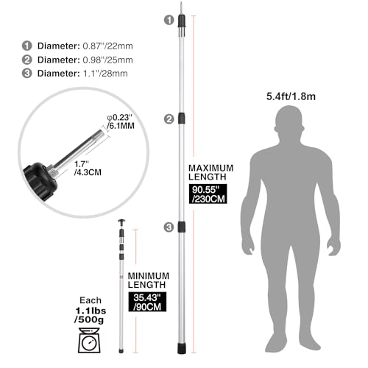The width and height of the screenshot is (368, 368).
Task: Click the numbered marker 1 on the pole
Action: [169, 20]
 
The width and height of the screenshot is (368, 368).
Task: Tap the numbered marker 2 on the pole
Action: [169, 119]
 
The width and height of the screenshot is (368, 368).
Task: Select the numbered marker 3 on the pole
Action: [169, 227]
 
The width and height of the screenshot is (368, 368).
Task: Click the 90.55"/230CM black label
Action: [208, 194]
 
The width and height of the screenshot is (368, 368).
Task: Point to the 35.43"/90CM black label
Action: [147, 302]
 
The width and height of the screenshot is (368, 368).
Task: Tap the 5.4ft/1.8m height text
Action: [291, 96]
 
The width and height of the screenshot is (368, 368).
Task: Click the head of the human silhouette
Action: [289, 120]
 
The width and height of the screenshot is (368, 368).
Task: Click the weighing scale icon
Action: [89, 341]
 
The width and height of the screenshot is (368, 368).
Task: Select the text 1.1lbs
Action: [91, 311]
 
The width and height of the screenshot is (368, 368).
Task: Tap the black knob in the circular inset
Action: [40, 181]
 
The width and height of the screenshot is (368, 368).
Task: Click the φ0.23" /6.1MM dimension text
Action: [121, 121]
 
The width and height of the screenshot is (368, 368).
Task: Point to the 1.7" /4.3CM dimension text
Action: [88, 168]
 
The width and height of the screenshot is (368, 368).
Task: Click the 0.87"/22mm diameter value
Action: [107, 46]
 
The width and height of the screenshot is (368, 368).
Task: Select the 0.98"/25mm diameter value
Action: [107, 60]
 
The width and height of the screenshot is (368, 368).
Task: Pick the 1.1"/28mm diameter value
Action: [105, 74]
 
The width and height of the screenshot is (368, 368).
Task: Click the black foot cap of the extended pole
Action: [181, 348]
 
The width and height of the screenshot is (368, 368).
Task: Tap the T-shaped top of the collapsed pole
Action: [121, 223]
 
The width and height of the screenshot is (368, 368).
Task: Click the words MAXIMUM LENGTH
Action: [210, 172]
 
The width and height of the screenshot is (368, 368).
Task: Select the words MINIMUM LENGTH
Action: [149, 280]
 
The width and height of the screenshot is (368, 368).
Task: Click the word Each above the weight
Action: [91, 300]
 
